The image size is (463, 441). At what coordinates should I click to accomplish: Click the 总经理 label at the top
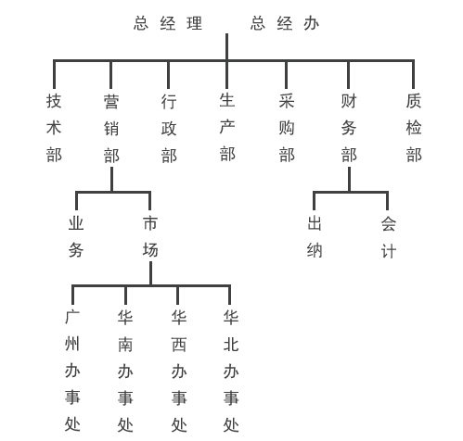[168, 23]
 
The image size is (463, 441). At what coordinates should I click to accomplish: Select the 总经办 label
[285, 23]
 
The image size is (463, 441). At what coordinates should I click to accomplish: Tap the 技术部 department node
[54, 128]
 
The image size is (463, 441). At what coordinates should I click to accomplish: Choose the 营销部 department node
[111, 129]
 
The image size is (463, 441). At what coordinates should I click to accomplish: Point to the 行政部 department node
[169, 129]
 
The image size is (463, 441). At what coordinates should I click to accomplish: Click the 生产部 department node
[227, 127]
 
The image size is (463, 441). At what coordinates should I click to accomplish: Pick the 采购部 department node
[287, 128]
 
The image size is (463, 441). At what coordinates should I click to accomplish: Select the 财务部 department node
[349, 128]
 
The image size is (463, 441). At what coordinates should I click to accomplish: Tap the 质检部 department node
[414, 128]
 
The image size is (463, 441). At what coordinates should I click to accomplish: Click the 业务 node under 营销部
[76, 236]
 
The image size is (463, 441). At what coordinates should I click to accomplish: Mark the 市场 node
[150, 236]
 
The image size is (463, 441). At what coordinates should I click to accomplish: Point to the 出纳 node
[315, 237]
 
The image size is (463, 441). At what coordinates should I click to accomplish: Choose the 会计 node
[389, 237]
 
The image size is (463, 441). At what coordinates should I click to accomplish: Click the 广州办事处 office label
[72, 371]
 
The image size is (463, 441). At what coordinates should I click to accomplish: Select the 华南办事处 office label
[125, 371]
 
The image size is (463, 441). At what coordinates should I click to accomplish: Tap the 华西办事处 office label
[179, 371]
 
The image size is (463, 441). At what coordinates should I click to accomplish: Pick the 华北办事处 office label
[231, 371]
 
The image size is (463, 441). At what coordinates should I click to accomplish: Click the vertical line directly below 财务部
[349, 180]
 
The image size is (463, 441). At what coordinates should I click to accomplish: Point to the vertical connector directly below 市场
[150, 273]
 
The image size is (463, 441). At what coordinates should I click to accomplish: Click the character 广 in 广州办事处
[72, 317]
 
